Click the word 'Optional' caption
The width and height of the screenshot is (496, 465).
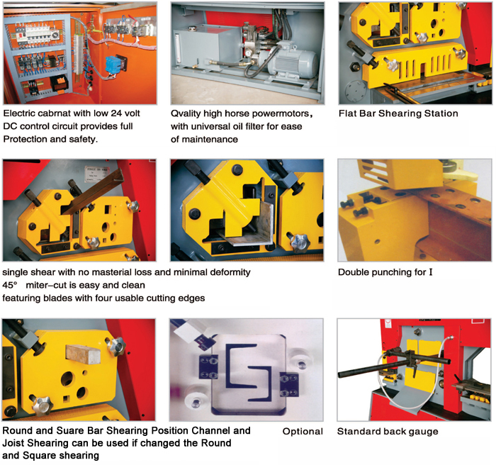tap(303, 432)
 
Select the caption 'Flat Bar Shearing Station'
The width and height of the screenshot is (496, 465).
tap(398, 113)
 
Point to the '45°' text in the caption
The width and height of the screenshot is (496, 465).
tap(10, 285)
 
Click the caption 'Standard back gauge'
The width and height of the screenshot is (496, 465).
tap(388, 432)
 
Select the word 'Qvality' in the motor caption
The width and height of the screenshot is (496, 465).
tap(186, 113)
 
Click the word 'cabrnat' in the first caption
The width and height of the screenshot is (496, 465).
tap(54, 113)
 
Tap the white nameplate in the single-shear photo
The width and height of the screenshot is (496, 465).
tap(97, 174)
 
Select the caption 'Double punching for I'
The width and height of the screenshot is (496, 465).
tap(385, 272)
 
